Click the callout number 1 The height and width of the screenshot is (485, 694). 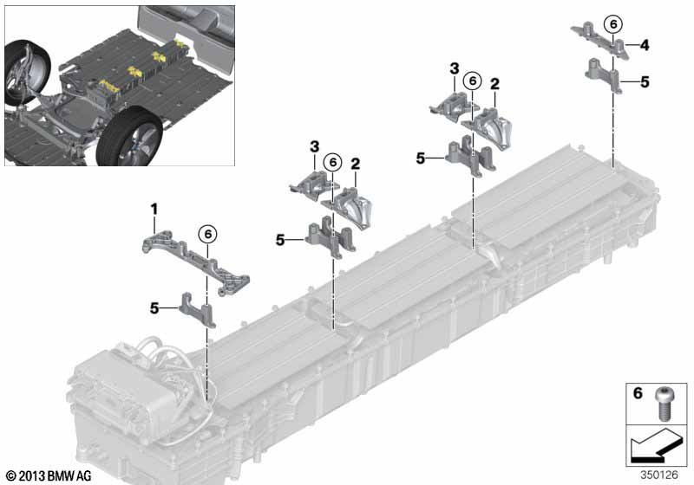154,210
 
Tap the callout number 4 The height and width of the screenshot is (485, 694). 645,45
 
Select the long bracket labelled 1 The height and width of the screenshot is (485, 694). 196,263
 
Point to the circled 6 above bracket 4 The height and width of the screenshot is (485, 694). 613,24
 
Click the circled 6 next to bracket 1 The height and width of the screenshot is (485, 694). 208,234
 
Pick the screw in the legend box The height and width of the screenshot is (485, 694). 663,403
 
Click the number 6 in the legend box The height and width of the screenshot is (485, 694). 638,392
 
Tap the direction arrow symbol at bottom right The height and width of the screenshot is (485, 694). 656,446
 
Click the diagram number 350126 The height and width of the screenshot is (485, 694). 658,475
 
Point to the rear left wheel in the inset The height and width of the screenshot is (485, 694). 27,73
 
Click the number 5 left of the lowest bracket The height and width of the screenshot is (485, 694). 154,307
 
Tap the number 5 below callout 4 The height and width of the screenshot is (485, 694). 645,82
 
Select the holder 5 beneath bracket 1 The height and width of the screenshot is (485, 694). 198,310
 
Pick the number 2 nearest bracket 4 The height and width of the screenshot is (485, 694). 494,84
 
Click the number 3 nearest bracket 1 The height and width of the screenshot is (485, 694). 314,146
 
